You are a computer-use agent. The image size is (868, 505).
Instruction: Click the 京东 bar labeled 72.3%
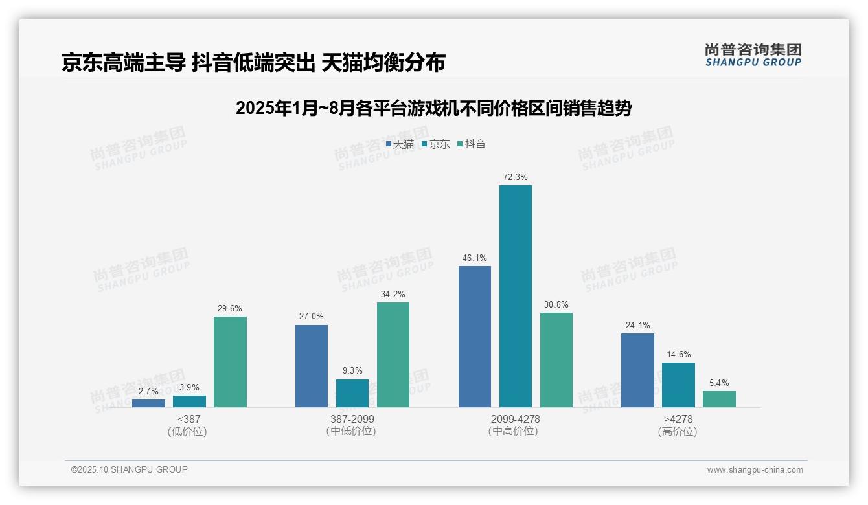[515, 296]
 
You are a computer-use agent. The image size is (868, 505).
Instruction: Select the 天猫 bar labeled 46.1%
[474, 336]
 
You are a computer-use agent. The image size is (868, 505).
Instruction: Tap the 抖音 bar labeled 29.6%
[230, 361]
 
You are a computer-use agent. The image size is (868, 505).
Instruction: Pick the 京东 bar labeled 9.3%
[352, 393]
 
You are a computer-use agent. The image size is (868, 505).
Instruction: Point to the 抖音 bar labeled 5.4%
[719, 399]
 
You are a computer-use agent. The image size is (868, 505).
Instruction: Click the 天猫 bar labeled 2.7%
[148, 403]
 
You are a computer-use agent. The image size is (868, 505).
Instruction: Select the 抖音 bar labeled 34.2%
[393, 354]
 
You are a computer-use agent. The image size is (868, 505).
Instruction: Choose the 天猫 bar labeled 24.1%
[637, 370]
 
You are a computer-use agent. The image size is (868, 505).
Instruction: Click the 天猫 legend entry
[400, 144]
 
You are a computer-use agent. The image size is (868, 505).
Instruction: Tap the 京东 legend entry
[436, 144]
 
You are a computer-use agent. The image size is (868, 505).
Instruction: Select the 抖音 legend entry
[472, 144]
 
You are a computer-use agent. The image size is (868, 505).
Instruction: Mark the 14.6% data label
[678, 354]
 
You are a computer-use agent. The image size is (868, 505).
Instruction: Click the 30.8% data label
[556, 304]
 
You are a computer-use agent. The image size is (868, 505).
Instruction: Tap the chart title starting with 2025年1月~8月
[433, 108]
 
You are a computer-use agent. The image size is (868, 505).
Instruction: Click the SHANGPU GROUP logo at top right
[753, 55]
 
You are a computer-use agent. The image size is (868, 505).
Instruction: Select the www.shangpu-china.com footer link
[755, 470]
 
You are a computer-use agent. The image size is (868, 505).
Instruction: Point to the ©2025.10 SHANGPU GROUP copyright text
[129, 469]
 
